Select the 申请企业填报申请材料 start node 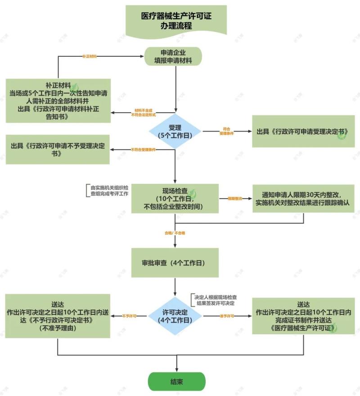173,56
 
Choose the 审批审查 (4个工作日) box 175,262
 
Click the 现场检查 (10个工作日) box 175,198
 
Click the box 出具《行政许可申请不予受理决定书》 58,150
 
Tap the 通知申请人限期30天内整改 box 304,198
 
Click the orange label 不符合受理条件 143,150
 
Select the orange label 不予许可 129,316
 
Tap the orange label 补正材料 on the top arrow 90,57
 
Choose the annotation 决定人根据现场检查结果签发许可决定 215,300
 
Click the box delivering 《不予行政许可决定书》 58,317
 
